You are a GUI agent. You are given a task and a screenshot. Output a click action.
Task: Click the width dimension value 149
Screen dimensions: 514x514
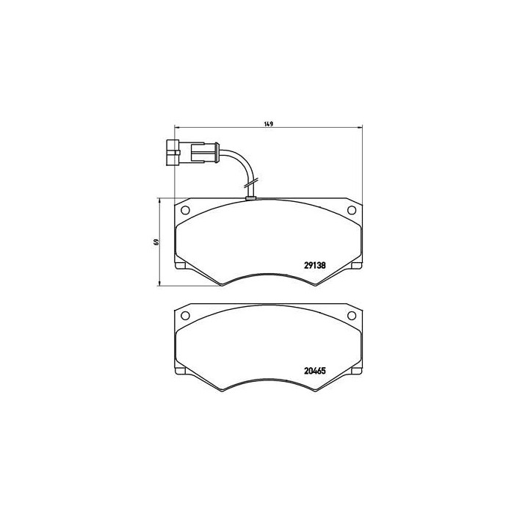coord(269,123)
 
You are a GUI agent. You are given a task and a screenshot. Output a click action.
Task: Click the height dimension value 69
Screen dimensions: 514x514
coord(156,242)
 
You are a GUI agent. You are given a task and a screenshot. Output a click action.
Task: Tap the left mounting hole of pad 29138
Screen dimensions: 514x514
coord(184,211)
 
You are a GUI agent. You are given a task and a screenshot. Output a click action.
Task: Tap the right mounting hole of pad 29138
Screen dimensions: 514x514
coord(351,211)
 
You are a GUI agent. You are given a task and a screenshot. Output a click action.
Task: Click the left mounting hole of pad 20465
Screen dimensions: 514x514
coord(184,317)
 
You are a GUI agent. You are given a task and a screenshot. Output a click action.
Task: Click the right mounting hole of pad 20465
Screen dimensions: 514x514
coord(351,317)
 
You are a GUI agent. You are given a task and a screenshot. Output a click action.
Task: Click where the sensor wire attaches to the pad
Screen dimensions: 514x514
coord(250,196)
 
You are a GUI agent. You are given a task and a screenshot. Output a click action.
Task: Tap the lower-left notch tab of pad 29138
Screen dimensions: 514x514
coord(180,265)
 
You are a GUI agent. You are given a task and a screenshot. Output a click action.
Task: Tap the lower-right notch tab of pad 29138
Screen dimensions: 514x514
coord(357,265)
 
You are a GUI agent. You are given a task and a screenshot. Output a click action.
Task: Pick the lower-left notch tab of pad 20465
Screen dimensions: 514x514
coord(180,370)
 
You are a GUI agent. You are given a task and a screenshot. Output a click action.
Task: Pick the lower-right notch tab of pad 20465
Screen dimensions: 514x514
coord(357,370)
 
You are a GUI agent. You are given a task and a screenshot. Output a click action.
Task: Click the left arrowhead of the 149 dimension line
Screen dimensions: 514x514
coord(172,129)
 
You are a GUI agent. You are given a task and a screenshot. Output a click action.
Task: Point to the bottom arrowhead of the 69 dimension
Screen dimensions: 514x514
coord(161,284)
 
